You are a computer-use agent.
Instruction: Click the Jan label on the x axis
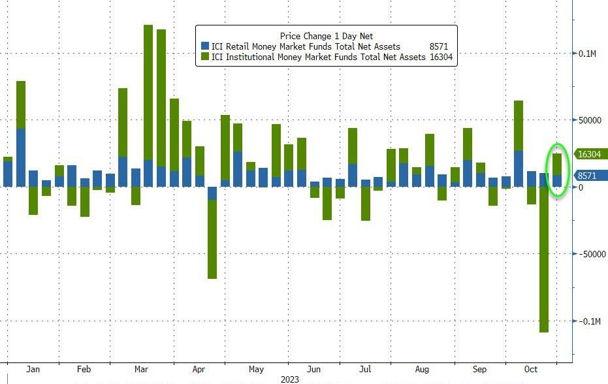[33, 370]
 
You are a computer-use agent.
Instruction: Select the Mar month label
[142, 370]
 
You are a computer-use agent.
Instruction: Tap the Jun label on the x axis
[314, 370]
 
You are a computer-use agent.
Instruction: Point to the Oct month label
[531, 370]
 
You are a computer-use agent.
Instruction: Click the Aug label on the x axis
[421, 370]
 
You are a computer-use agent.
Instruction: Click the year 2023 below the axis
[289, 379]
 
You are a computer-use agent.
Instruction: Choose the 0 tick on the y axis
[581, 188]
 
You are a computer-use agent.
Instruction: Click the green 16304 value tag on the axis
[589, 155]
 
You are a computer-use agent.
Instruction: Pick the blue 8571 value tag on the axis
[587, 176]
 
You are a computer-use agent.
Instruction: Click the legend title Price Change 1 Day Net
[326, 36]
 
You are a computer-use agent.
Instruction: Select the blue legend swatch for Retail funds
[205, 46]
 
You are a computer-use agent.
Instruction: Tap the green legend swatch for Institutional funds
[205, 57]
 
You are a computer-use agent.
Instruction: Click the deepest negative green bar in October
[544, 261]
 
